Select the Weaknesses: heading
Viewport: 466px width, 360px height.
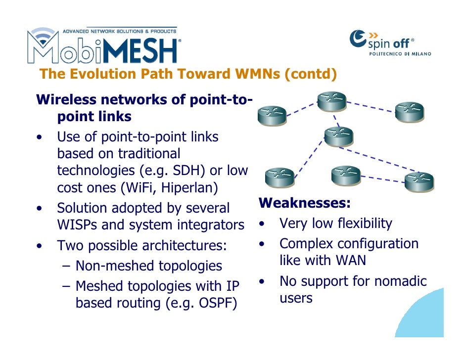click(305, 203)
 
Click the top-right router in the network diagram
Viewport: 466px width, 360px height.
click(410, 112)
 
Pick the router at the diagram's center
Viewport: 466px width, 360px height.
click(339, 136)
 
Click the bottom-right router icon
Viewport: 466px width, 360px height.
click(419, 181)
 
